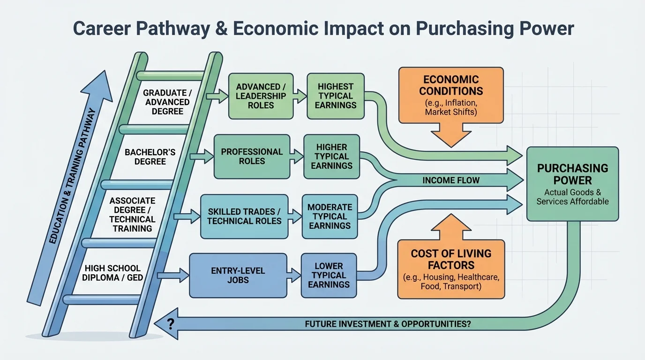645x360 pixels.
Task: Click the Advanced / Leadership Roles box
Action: coord(261,96)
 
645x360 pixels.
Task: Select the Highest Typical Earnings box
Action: coord(335,96)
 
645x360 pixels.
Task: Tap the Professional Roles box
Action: coord(252,157)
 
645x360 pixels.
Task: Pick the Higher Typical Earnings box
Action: coord(331,157)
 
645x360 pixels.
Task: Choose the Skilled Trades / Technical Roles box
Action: coord(244,216)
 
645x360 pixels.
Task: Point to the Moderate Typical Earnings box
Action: coord(329,216)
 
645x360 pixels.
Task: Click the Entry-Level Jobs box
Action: coord(238,275)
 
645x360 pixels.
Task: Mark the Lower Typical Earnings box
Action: coord(329,275)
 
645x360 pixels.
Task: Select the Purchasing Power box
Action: coord(572,183)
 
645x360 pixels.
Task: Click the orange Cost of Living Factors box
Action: coord(451,269)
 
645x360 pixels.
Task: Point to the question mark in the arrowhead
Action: coord(170,323)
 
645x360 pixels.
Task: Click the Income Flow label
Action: coord(451,180)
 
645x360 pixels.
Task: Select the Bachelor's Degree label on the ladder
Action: coord(150,157)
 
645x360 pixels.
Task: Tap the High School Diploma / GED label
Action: coord(112,273)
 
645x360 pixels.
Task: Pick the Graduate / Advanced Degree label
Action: coord(167,102)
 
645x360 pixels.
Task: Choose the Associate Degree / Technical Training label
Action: coord(132,215)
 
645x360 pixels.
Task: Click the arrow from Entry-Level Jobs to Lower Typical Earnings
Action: coord(294,276)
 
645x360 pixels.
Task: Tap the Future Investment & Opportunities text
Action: coord(388,324)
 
